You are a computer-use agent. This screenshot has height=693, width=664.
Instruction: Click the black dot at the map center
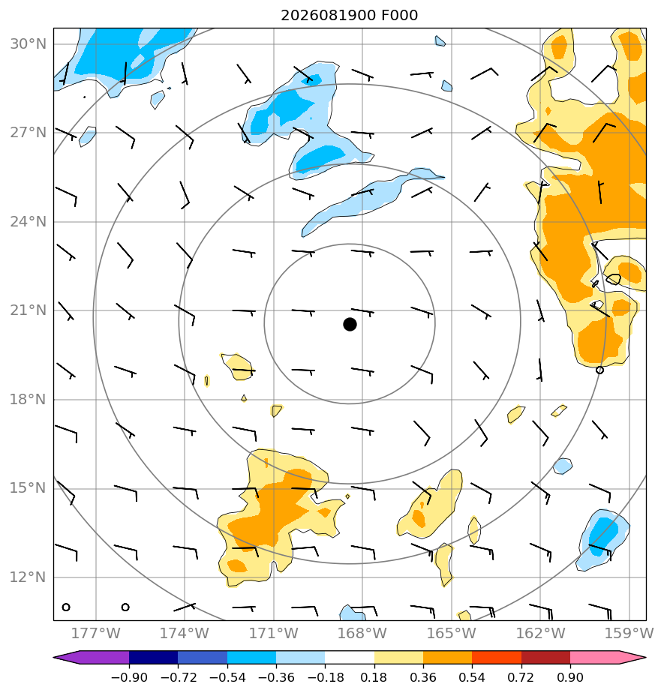click(350, 325)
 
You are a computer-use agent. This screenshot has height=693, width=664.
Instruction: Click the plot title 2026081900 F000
click(349, 16)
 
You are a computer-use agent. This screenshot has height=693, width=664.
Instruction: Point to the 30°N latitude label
click(28, 44)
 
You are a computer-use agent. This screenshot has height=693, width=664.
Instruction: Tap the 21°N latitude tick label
click(28, 310)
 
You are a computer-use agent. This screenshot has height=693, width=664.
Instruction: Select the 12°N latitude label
click(28, 577)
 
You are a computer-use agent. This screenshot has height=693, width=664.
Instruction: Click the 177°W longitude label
click(96, 633)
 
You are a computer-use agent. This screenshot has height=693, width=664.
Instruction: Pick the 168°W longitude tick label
click(362, 633)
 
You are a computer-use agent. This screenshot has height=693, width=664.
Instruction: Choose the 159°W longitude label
click(629, 633)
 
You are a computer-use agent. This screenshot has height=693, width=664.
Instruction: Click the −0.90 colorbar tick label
click(129, 677)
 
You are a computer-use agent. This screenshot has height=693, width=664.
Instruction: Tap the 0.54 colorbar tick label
click(472, 677)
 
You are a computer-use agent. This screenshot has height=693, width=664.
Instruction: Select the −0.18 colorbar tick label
click(325, 677)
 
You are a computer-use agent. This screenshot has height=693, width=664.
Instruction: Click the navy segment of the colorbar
click(153, 658)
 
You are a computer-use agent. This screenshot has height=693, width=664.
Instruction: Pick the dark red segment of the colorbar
click(545, 658)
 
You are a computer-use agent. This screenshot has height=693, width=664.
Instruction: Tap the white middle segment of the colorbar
click(350, 658)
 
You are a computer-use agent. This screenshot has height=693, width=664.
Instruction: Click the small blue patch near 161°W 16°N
click(562, 466)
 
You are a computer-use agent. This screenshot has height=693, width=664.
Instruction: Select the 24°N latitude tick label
click(28, 221)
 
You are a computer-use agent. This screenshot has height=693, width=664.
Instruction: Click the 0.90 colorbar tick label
click(570, 677)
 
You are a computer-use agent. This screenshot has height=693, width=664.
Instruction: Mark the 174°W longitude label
click(185, 633)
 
